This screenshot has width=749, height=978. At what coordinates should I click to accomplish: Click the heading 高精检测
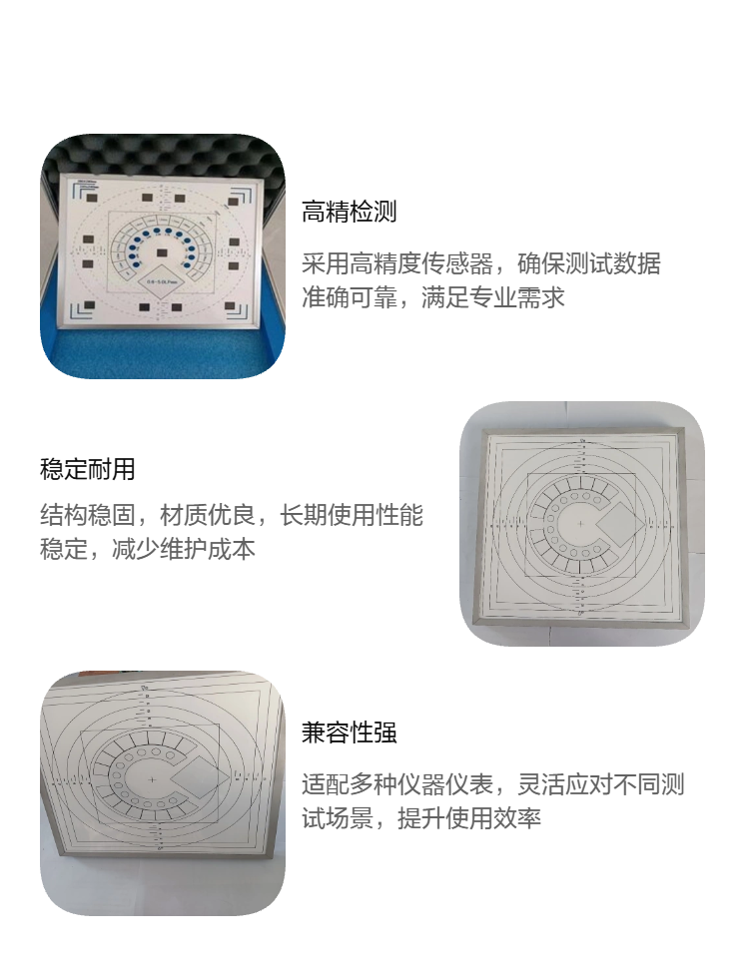coord(349,212)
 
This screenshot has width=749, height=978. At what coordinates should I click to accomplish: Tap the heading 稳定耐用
coord(88,469)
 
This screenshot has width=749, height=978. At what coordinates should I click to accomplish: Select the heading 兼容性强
coord(349,733)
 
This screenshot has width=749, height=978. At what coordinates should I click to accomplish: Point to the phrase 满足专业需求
coord(492,297)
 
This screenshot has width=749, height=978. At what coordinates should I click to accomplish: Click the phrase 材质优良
coord(208,515)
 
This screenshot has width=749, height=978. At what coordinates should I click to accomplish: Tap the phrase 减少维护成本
coord(184,549)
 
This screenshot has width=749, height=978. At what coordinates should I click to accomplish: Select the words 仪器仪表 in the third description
coord(445,784)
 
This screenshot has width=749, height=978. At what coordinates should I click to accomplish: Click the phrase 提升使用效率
coord(468,817)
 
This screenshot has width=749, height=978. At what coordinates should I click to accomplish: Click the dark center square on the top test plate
coord(162,252)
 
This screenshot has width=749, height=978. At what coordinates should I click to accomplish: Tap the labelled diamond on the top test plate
coord(162,280)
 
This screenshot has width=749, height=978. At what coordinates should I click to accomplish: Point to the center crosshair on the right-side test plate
coord(580,523)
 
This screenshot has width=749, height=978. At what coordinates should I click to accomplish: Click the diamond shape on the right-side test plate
coord(617,525)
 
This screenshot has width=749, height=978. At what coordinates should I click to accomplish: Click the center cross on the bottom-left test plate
coord(152,779)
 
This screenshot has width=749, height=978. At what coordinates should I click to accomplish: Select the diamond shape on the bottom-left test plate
coord(200,779)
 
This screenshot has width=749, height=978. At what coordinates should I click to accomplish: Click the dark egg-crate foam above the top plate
coord(162,153)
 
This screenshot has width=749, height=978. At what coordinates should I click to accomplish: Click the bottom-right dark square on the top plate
coord(231,306)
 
